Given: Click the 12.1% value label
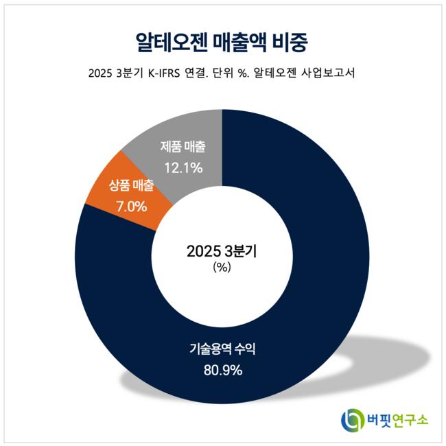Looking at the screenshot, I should pos(183,167).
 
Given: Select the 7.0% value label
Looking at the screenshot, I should pos(132,204).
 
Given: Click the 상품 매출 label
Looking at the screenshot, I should pos(132,186).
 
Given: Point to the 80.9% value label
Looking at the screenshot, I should pos(223,371).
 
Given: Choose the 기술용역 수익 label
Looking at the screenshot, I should pos(223,351).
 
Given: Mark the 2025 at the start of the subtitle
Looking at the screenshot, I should pos(99,73).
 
